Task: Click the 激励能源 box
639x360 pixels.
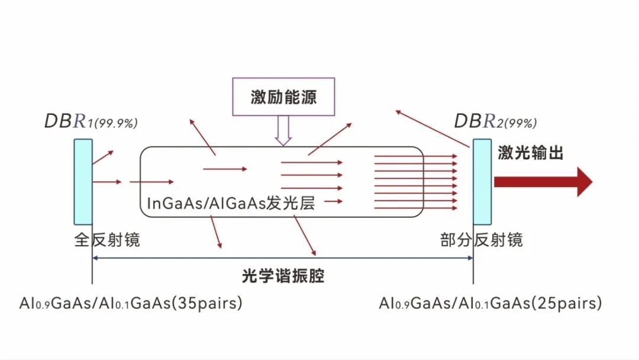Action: click(283, 97)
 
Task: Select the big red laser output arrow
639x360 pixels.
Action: click(543, 182)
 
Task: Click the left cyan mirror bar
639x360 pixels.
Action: click(83, 182)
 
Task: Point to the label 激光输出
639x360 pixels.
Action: click(530, 153)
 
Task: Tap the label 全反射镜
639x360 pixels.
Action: click(107, 240)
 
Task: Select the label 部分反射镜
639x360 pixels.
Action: click(481, 240)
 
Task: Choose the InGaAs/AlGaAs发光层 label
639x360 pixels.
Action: click(230, 204)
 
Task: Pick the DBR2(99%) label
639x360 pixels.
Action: click(495, 121)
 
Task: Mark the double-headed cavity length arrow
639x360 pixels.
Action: click(283, 258)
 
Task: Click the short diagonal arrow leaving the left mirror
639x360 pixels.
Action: click(102, 157)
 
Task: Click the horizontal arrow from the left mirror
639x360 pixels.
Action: click(107, 182)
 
